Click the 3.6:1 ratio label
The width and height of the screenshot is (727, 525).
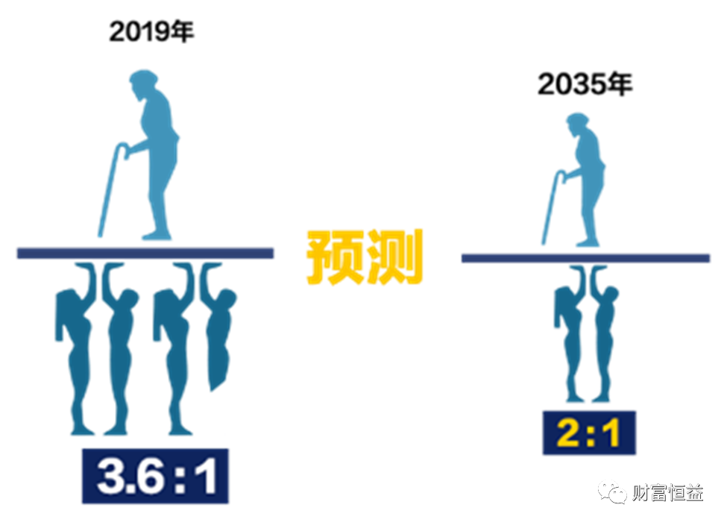156,477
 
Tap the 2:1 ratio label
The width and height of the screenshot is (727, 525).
588,433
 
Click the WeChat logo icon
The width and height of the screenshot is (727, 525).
611,491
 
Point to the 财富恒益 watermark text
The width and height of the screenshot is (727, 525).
667,492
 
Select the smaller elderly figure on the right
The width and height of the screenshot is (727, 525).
586,179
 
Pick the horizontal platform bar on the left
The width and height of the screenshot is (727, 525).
145,254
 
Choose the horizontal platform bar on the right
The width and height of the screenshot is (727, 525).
585,258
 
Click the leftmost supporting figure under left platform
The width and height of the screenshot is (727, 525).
75,350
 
